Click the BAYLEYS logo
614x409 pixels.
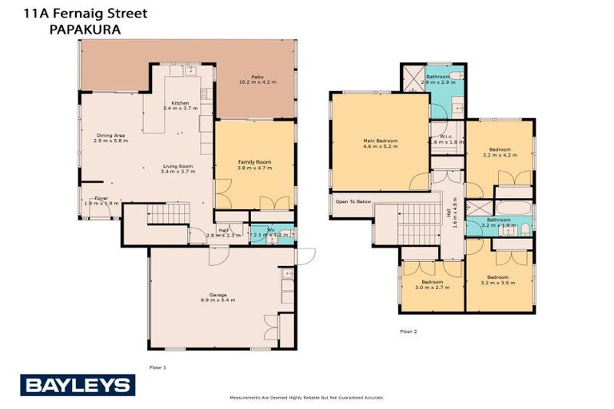(x=77, y=386)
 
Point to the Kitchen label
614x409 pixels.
(x=176, y=105)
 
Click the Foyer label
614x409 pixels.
(x=102, y=200)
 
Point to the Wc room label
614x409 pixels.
(x=258, y=232)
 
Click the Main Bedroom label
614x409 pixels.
(x=380, y=143)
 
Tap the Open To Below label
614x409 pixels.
(x=353, y=201)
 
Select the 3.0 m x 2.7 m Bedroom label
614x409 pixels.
(x=433, y=284)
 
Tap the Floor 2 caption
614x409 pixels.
(x=409, y=331)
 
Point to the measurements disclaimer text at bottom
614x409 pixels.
(x=307, y=397)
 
